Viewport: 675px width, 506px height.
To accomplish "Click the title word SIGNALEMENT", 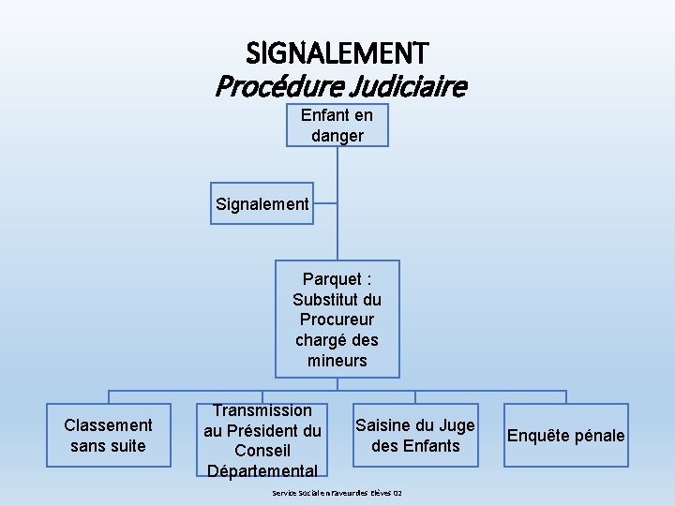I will click(337, 52).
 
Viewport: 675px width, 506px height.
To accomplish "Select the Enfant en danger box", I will click(337, 126).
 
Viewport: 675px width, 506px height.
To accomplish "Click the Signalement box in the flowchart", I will click(262, 203).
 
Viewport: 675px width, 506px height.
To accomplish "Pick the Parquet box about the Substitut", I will click(337, 319).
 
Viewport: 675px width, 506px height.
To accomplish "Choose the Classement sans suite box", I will click(108, 436).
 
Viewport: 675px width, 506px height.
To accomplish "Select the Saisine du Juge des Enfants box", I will click(415, 436).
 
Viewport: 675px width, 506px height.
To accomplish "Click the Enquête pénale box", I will click(565, 436).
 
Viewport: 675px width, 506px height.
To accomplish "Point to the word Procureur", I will click(337, 320).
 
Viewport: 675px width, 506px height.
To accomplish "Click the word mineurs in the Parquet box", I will click(337, 361).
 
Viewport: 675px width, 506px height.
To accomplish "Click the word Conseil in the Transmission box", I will click(262, 451).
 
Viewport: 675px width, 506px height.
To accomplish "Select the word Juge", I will click(457, 425).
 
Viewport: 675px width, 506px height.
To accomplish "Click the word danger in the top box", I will click(337, 136).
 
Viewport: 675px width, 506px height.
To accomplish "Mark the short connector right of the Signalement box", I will click(324, 201).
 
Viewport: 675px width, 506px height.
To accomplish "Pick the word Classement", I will click(108, 425).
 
